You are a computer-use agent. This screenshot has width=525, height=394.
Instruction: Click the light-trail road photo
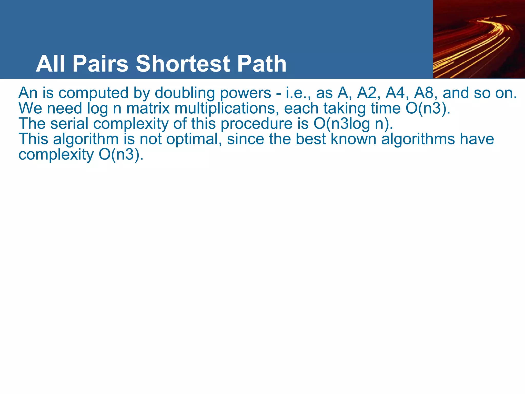479,39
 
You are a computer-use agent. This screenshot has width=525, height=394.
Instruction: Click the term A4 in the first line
397,93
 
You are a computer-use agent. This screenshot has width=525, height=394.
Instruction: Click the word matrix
148,108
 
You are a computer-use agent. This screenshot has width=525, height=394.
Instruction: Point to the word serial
69,123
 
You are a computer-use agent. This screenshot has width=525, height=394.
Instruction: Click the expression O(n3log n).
353,124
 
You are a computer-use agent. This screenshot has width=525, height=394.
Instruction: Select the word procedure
256,124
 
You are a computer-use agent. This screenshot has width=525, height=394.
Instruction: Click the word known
353,139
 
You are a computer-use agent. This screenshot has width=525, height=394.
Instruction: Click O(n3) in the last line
121,155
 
